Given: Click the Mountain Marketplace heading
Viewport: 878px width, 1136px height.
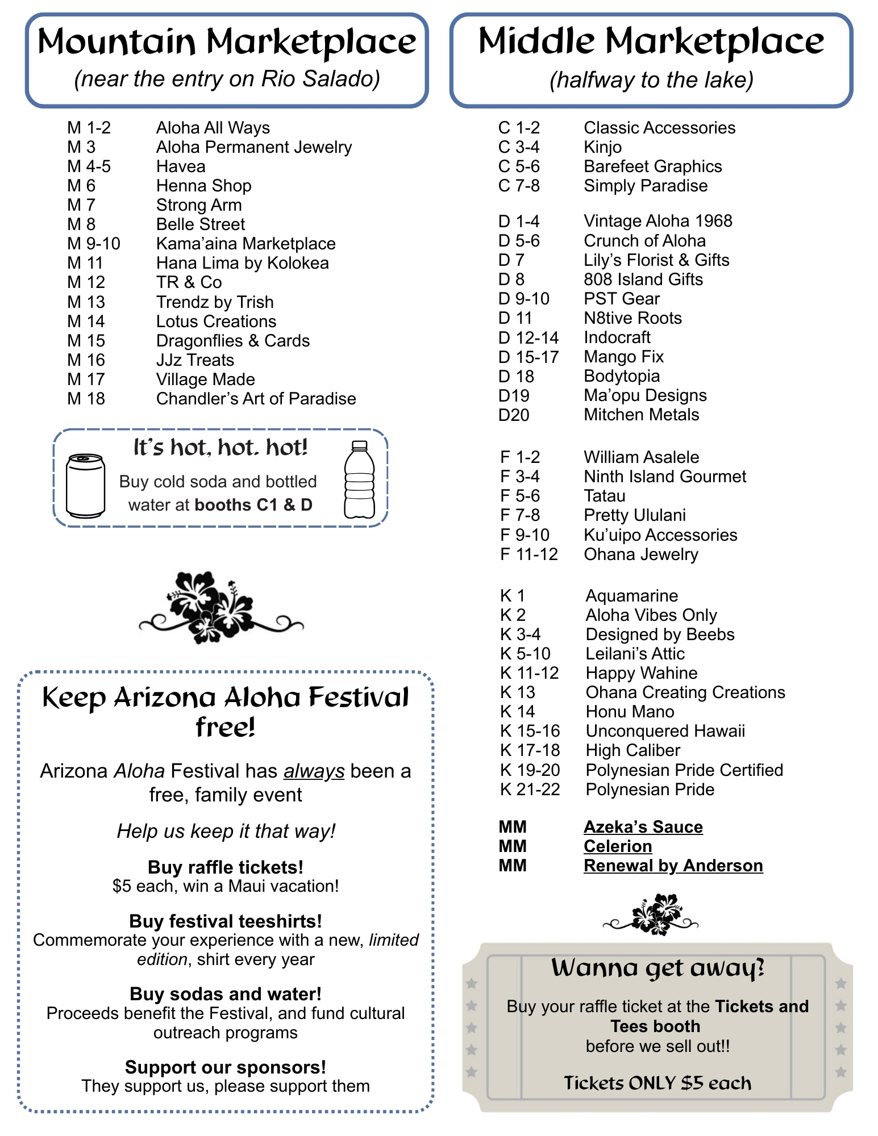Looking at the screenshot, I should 227,43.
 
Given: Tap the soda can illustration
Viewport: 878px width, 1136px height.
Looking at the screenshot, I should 86,485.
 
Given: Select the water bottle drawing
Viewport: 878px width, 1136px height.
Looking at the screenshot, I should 359,480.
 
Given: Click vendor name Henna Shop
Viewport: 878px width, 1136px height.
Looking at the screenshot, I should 203,186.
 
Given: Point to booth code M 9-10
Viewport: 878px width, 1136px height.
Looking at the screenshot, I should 94,244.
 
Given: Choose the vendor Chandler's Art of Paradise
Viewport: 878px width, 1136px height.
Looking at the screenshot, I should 256,399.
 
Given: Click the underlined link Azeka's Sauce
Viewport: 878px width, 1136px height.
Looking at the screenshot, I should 643,827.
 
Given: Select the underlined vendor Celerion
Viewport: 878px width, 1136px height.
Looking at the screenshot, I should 618,846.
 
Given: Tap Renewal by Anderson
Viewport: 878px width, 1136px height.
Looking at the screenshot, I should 673,866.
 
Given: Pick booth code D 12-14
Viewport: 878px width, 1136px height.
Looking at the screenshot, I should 529,338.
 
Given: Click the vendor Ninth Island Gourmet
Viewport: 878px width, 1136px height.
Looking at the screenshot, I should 665,477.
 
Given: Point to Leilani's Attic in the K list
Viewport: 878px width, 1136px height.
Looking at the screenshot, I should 635,654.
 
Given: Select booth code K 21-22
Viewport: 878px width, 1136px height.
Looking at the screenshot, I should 530,790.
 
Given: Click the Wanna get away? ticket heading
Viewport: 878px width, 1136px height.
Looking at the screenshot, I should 658,968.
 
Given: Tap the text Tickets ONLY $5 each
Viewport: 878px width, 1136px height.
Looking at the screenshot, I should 657,1083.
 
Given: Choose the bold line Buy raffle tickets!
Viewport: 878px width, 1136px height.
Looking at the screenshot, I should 226,867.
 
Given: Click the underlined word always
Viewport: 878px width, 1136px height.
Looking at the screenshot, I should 314,771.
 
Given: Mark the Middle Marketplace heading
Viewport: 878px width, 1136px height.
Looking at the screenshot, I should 651,41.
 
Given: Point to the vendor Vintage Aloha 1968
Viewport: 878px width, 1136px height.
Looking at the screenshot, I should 658,221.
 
